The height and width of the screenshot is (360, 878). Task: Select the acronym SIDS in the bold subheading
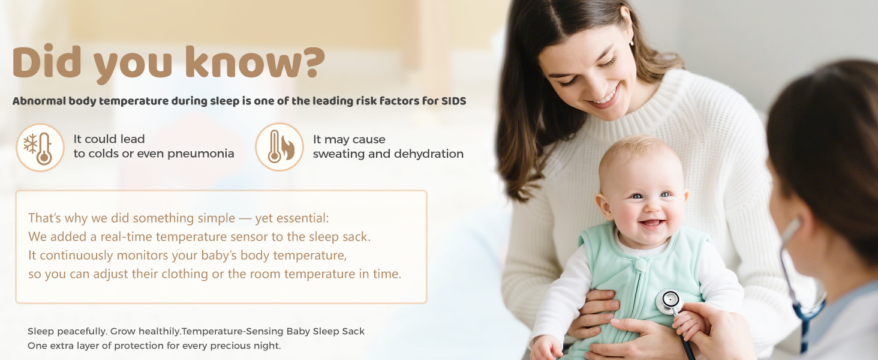[x=453, y=101]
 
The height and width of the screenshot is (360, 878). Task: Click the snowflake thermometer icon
[x=40, y=148]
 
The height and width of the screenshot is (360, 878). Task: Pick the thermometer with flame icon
[x=279, y=147]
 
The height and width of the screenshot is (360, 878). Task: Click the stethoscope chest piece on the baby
[x=669, y=302]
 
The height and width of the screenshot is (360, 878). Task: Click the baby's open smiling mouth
[x=652, y=224]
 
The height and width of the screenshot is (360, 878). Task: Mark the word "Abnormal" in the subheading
[x=39, y=101]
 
